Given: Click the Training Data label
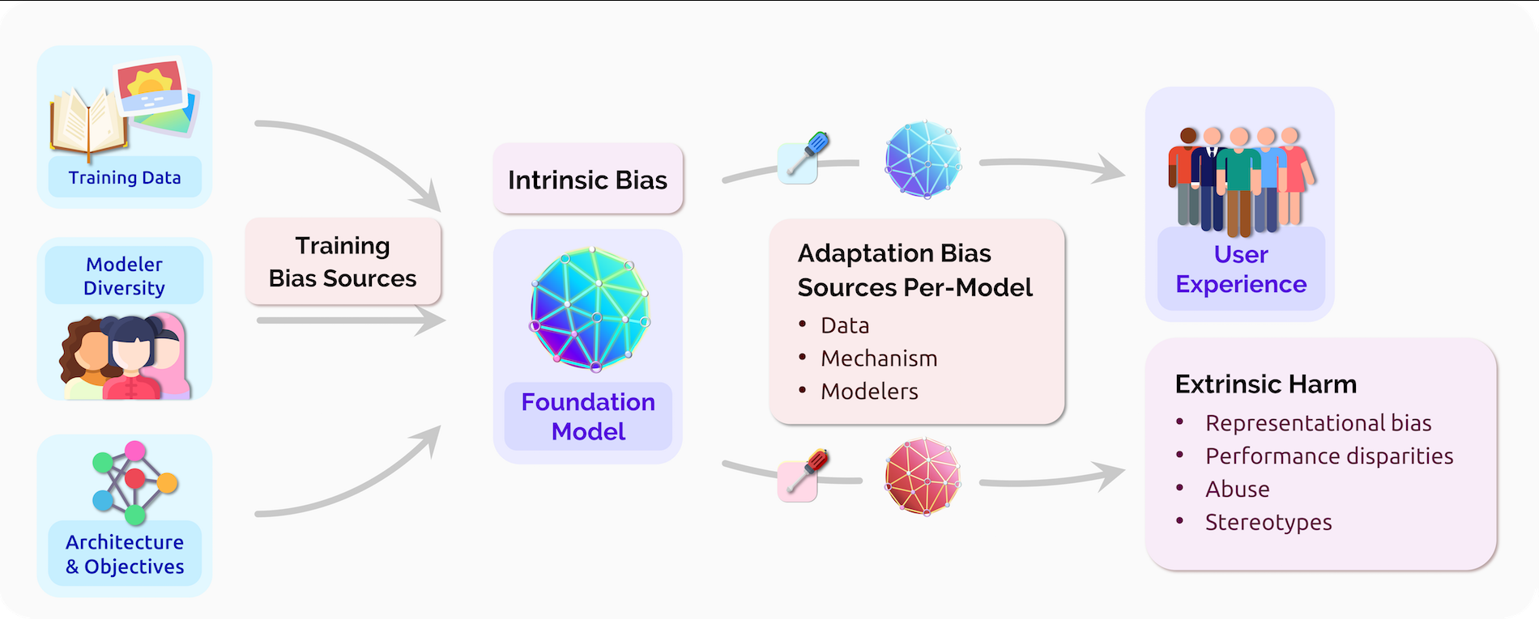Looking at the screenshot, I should coord(125,178).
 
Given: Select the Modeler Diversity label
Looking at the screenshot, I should coord(125,276).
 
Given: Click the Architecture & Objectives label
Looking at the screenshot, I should coord(125,554).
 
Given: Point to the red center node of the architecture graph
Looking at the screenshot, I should coord(135,478).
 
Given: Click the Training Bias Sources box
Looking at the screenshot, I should coord(343,261).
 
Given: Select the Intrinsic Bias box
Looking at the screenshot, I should coord(587,180).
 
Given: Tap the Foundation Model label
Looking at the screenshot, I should coord(588,416).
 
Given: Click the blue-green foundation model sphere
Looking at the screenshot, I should coord(590,309).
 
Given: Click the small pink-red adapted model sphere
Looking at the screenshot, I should coord(923,477).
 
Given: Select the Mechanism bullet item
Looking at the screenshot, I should coord(879,358).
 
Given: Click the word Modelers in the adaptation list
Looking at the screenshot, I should coord(869,392).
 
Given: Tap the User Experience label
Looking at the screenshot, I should coord(1241,269).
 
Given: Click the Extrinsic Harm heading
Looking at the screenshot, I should coord(1265,384).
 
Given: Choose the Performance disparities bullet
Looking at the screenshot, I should coord(1328,456).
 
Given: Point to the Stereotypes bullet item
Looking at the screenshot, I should coord(1268,523).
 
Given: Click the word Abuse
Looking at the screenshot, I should coord(1237,490).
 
